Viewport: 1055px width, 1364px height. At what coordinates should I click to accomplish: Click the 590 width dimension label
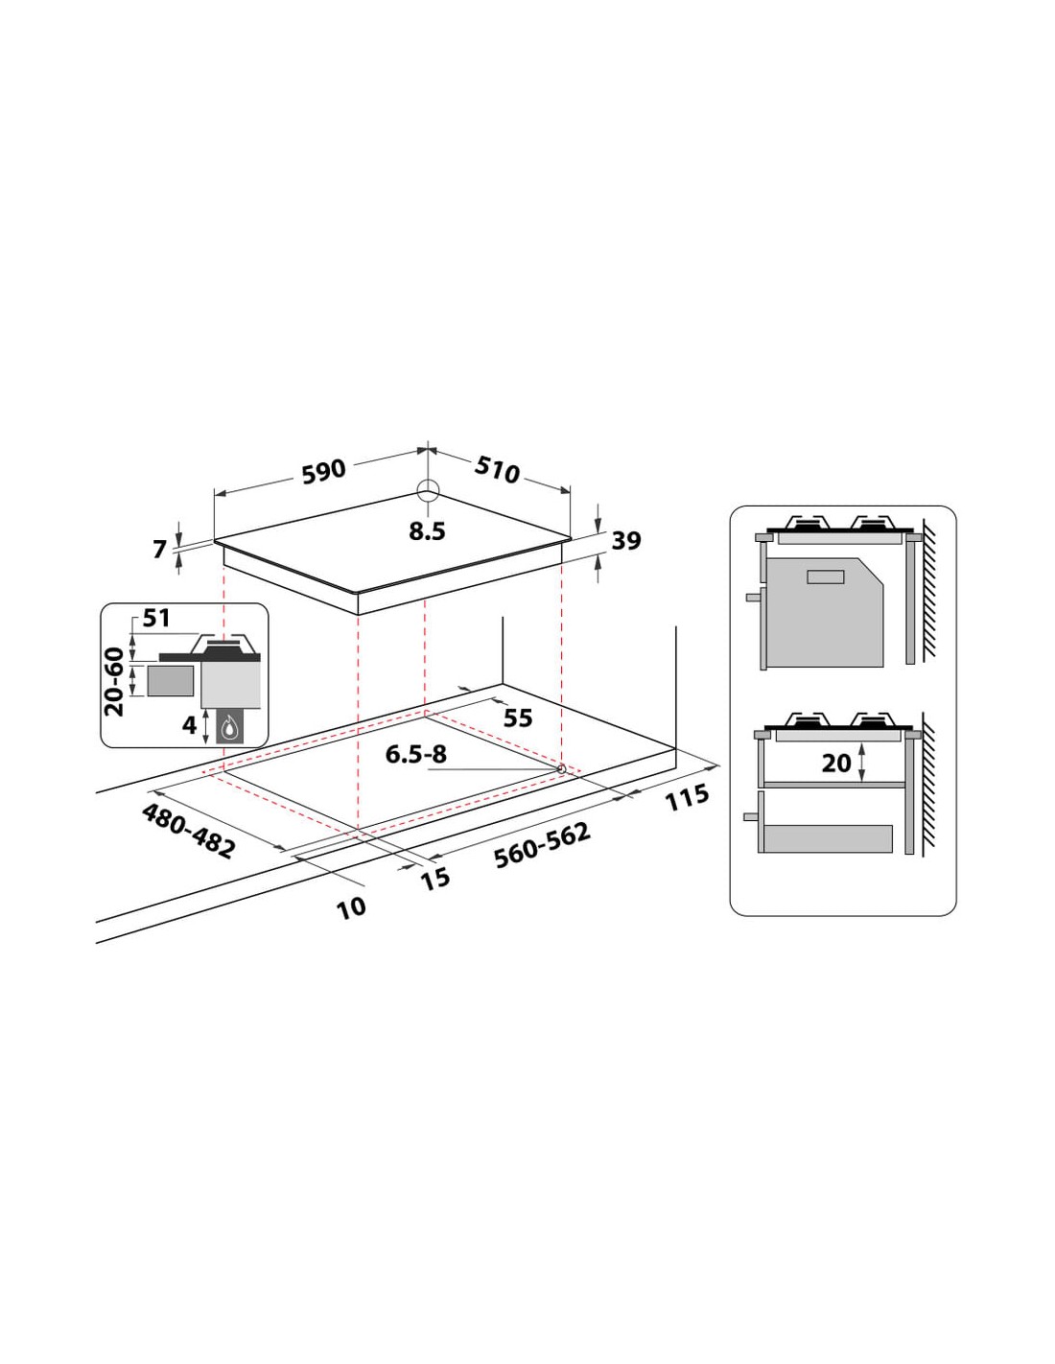[324, 472]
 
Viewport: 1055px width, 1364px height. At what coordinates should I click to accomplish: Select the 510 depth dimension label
[497, 469]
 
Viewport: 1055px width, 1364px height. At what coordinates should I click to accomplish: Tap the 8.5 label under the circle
[427, 531]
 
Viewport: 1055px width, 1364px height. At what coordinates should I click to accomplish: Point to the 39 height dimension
[625, 540]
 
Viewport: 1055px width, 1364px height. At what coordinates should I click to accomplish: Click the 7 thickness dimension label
[160, 550]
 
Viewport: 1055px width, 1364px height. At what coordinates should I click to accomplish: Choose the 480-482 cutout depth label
[189, 831]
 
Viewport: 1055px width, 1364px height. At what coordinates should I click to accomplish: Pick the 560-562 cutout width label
[542, 845]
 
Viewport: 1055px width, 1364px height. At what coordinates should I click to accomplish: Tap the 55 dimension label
[518, 718]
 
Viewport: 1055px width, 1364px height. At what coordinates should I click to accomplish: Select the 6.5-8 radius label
[415, 754]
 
